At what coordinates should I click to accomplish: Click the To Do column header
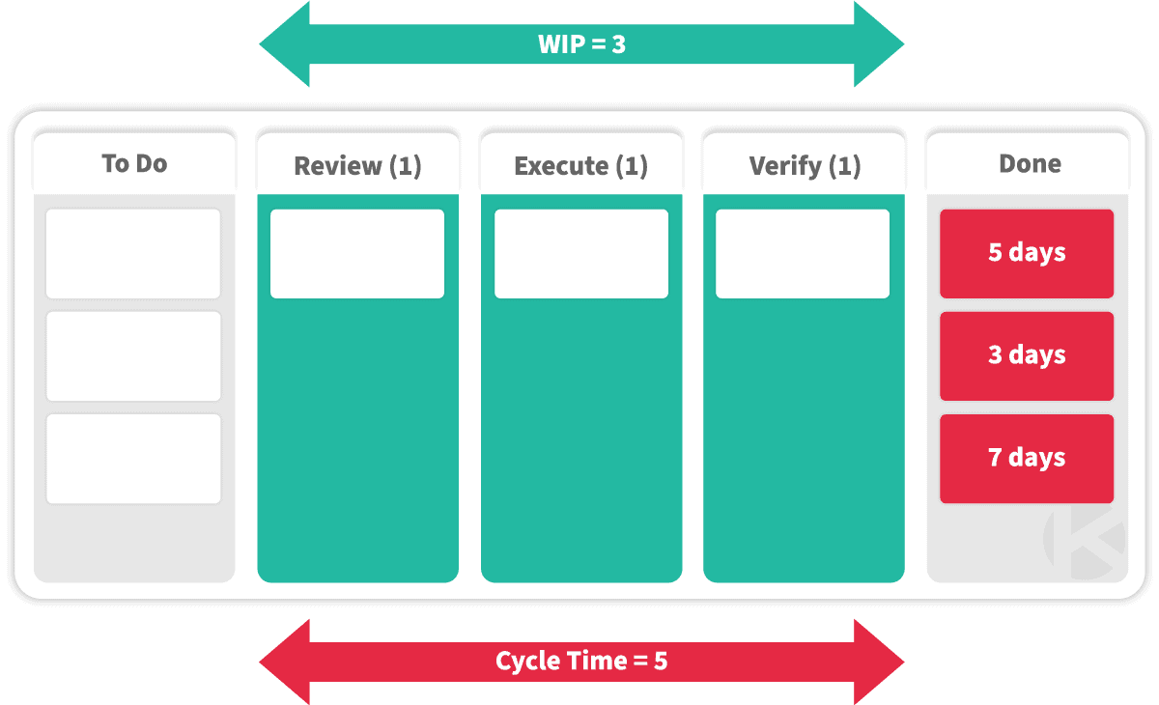(x=134, y=163)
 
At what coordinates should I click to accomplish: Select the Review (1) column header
(x=357, y=166)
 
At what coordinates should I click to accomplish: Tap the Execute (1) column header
(x=581, y=166)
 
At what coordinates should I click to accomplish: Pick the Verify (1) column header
(x=805, y=166)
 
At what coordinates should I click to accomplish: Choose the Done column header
(x=1030, y=163)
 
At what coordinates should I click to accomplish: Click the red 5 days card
(x=1027, y=253)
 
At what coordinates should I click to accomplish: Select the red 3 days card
(x=1027, y=355)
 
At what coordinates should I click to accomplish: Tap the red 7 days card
(x=1027, y=459)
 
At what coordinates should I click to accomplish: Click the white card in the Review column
(x=357, y=253)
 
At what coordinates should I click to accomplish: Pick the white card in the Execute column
(x=581, y=253)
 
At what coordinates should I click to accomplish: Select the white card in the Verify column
(x=803, y=253)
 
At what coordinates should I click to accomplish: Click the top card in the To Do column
(x=133, y=253)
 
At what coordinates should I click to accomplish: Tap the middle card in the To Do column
(x=133, y=355)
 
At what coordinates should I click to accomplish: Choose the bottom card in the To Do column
(x=133, y=459)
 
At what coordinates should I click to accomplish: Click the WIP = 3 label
(x=581, y=44)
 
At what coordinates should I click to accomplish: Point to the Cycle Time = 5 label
(x=581, y=661)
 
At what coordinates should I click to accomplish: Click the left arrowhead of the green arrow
(x=284, y=44)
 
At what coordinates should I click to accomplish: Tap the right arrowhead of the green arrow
(x=879, y=44)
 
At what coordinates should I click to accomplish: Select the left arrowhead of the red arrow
(x=284, y=662)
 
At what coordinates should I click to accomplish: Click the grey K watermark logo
(x=1085, y=543)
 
